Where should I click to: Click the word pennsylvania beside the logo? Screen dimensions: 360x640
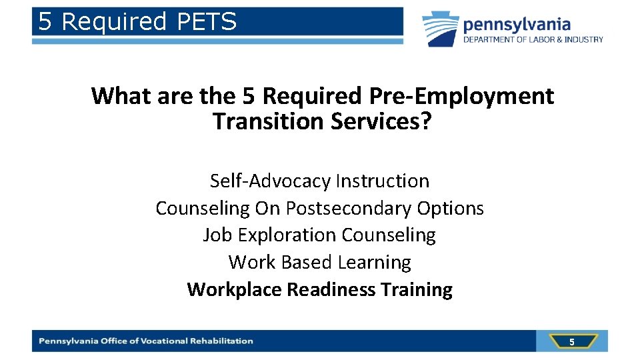point(517,25)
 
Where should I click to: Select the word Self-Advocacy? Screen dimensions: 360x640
point(270,181)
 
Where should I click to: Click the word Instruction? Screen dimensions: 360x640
point(383,181)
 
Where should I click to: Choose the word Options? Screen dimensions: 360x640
point(451,208)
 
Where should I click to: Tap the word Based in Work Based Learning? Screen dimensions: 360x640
point(307,263)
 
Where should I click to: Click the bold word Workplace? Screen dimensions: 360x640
point(234,290)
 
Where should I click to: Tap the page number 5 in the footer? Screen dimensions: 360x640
point(571,342)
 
